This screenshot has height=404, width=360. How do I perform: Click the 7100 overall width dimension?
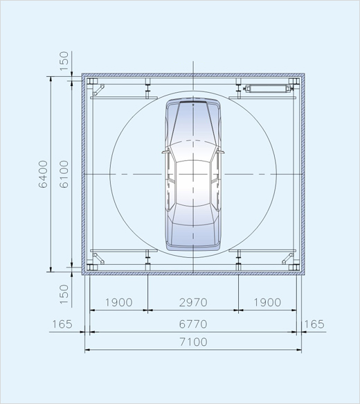193,342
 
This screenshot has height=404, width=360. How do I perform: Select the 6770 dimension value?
193,324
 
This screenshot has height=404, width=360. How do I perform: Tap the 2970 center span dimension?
193,302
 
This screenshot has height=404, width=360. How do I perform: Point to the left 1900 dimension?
119,302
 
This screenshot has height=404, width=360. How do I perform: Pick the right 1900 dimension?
267,302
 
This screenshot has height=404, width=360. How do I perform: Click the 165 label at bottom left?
62,324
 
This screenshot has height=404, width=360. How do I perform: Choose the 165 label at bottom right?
314,324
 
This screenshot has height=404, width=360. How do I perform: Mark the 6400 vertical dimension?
43,174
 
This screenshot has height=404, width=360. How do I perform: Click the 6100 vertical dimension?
64,174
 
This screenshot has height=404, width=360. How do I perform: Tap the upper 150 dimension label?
64,61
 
